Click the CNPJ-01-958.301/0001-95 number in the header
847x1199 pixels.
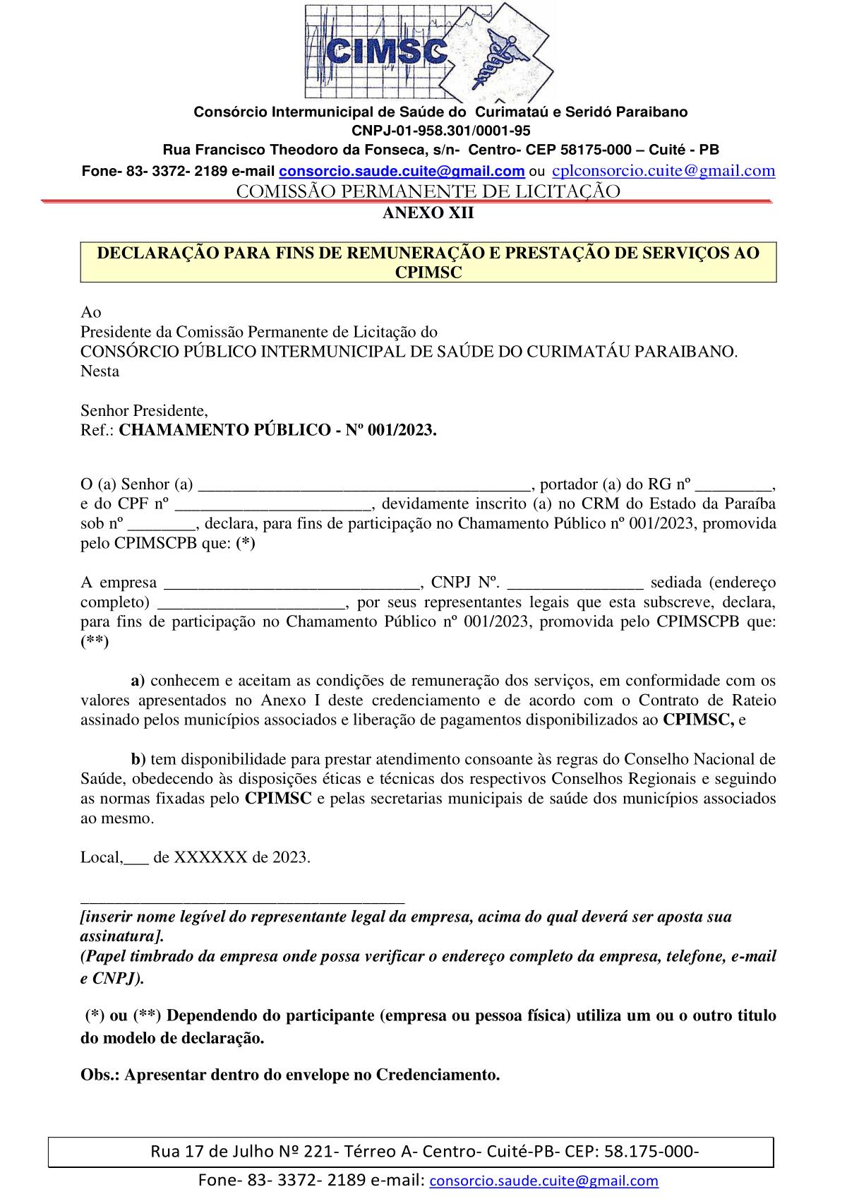(x=440, y=131)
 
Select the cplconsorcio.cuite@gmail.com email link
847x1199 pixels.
(x=663, y=170)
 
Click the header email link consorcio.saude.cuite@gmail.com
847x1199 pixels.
(x=402, y=171)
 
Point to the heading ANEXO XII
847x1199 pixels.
(x=428, y=213)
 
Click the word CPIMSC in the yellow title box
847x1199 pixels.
(x=428, y=273)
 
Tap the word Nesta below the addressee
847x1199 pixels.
(x=100, y=371)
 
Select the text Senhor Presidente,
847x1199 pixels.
(x=144, y=410)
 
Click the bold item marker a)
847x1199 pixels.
(x=138, y=681)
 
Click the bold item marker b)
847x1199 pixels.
(x=138, y=759)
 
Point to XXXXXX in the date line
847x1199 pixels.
(x=210, y=857)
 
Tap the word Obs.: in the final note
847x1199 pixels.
(x=100, y=1075)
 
